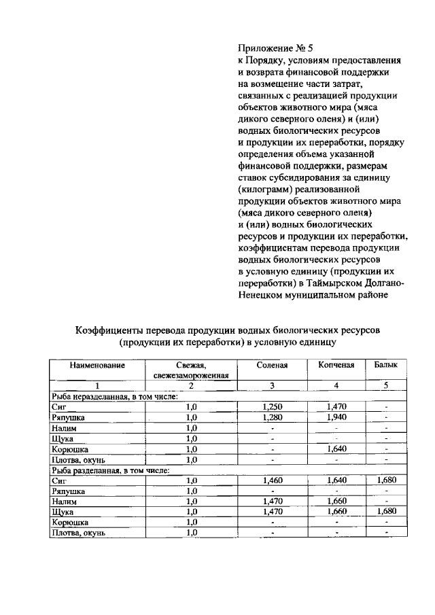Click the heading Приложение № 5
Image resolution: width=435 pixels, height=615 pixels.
point(275,48)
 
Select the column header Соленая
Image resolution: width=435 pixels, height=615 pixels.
point(272,366)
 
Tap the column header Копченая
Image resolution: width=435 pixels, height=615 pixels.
point(336,366)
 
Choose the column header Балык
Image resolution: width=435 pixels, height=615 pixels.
point(385,366)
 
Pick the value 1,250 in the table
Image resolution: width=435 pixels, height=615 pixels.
point(272,406)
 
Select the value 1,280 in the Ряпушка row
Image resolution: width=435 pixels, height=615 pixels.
point(272,417)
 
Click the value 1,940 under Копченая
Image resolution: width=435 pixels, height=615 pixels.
point(336,417)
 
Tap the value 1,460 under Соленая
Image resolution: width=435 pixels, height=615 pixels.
point(272,480)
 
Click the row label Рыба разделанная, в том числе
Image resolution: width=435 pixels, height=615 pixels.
point(111,470)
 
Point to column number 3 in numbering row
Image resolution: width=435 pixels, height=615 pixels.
point(272,386)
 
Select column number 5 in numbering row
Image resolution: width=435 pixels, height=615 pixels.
point(385,386)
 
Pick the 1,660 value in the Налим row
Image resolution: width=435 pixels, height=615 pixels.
point(336,502)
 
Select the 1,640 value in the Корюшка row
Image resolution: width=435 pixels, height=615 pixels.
point(336,449)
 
